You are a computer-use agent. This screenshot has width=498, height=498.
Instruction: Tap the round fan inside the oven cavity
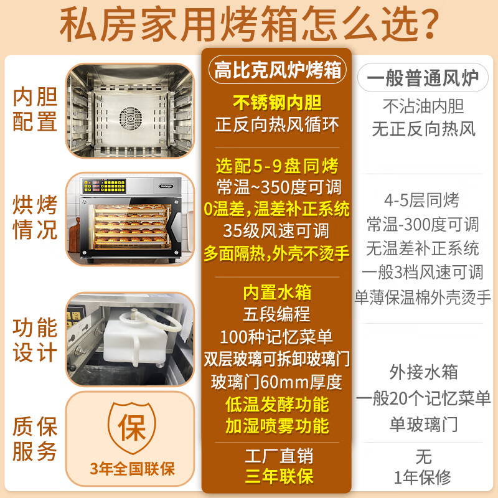(x=131, y=119)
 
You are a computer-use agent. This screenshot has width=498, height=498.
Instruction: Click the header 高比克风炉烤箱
(x=277, y=70)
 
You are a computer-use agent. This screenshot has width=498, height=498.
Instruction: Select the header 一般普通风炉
(x=423, y=78)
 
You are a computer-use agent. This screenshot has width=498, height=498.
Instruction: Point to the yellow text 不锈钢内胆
(x=277, y=103)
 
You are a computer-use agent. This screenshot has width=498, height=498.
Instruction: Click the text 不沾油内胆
(x=423, y=106)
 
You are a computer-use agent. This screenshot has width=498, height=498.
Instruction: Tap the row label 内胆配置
(x=35, y=109)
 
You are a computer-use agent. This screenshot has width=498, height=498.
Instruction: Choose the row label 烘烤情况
(x=35, y=217)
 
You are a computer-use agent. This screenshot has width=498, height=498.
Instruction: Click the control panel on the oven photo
(x=104, y=186)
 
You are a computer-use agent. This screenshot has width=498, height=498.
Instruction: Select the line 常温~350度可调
(x=278, y=187)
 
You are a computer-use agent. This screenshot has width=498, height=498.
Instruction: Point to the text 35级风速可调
(x=276, y=231)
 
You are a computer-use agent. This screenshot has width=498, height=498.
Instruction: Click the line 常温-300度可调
(x=423, y=225)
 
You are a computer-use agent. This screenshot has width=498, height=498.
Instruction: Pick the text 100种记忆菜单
(x=276, y=337)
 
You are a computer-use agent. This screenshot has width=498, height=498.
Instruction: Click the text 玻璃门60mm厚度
(x=276, y=382)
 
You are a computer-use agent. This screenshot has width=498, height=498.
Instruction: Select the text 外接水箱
(x=423, y=372)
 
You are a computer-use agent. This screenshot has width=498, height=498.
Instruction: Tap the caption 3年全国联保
(x=132, y=469)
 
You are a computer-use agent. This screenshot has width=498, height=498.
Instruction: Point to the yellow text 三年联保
(x=279, y=476)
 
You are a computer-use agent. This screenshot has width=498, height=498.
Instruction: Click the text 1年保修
(x=423, y=477)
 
